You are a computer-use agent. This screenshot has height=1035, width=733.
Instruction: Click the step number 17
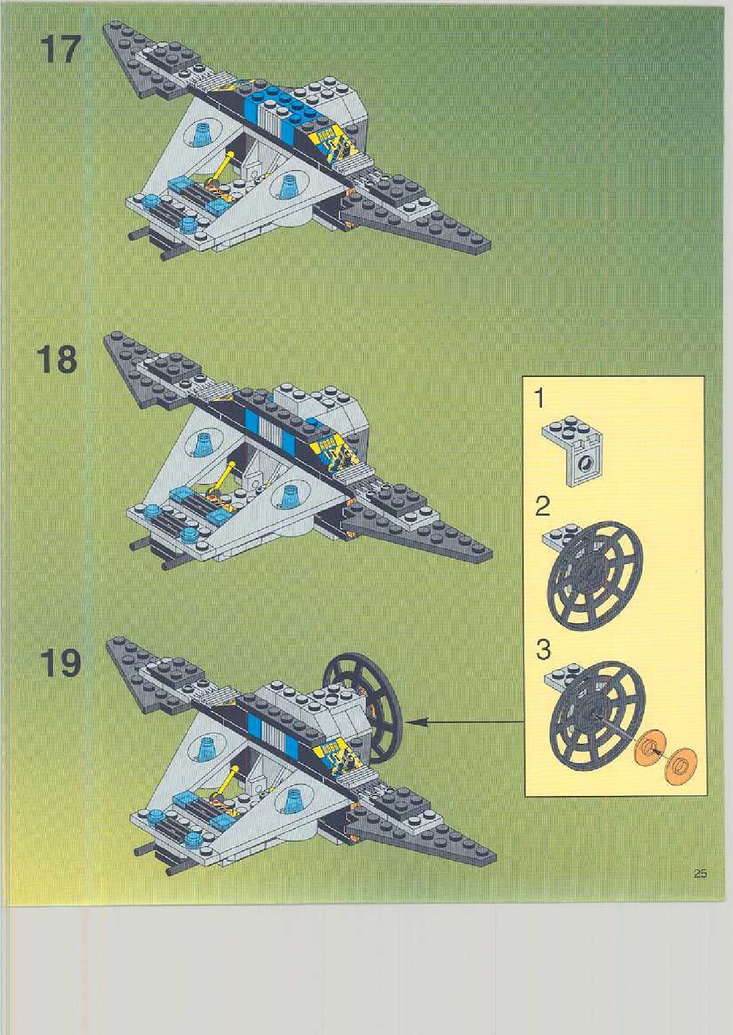[60, 50]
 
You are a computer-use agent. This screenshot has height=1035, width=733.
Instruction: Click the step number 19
[60, 664]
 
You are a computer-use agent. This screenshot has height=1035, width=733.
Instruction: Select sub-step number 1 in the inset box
[540, 399]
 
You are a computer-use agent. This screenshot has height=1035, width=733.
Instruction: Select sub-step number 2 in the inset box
[543, 507]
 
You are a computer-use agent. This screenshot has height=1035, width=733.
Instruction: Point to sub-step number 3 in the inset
[543, 650]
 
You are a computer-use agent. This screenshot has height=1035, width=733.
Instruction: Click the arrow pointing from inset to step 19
[462, 721]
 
